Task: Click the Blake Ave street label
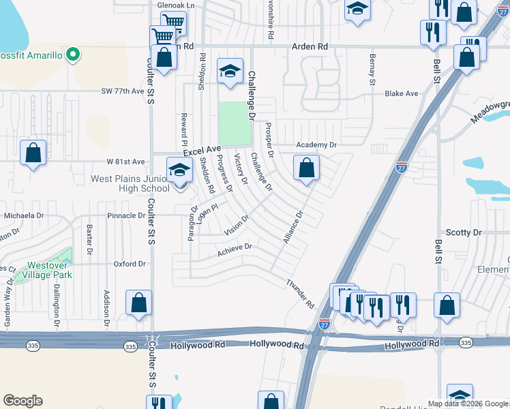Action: point(401,93)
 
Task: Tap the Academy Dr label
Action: point(316,145)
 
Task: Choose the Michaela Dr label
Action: point(24,215)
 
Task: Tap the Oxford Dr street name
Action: point(130,264)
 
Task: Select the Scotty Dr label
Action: point(463,232)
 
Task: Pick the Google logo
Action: point(22,401)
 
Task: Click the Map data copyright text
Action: point(467,404)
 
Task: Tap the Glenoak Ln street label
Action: point(176,5)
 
